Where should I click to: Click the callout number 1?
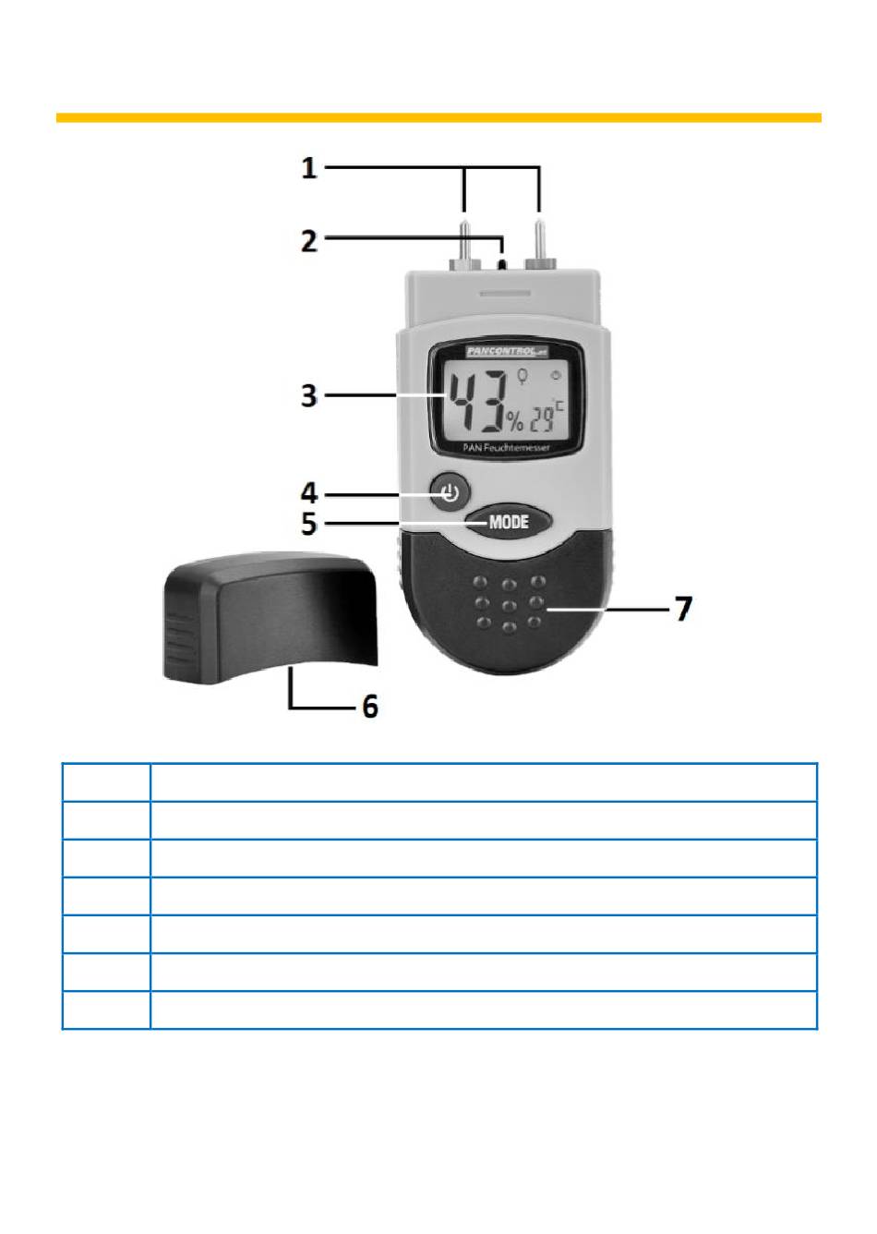point(309,168)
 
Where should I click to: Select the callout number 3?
point(309,396)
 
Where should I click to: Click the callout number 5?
point(310,524)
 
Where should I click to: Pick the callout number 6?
point(369,708)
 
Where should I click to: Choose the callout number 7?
point(682,610)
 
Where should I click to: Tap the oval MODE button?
point(508,522)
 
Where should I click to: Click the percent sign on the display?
point(513,424)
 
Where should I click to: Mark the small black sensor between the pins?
point(501,263)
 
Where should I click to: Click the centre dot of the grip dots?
point(509,606)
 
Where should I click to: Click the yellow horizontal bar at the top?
point(438,117)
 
